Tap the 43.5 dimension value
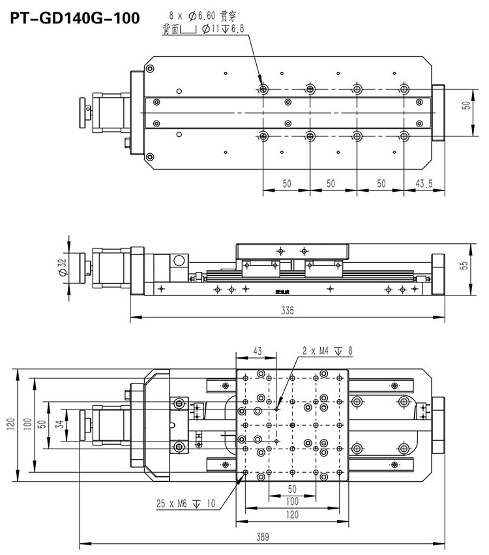coord(424,184)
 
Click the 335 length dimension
coord(287,311)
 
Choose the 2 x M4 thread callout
coord(325,351)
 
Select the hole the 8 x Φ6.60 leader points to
coord(263,89)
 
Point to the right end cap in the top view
coord(437,112)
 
